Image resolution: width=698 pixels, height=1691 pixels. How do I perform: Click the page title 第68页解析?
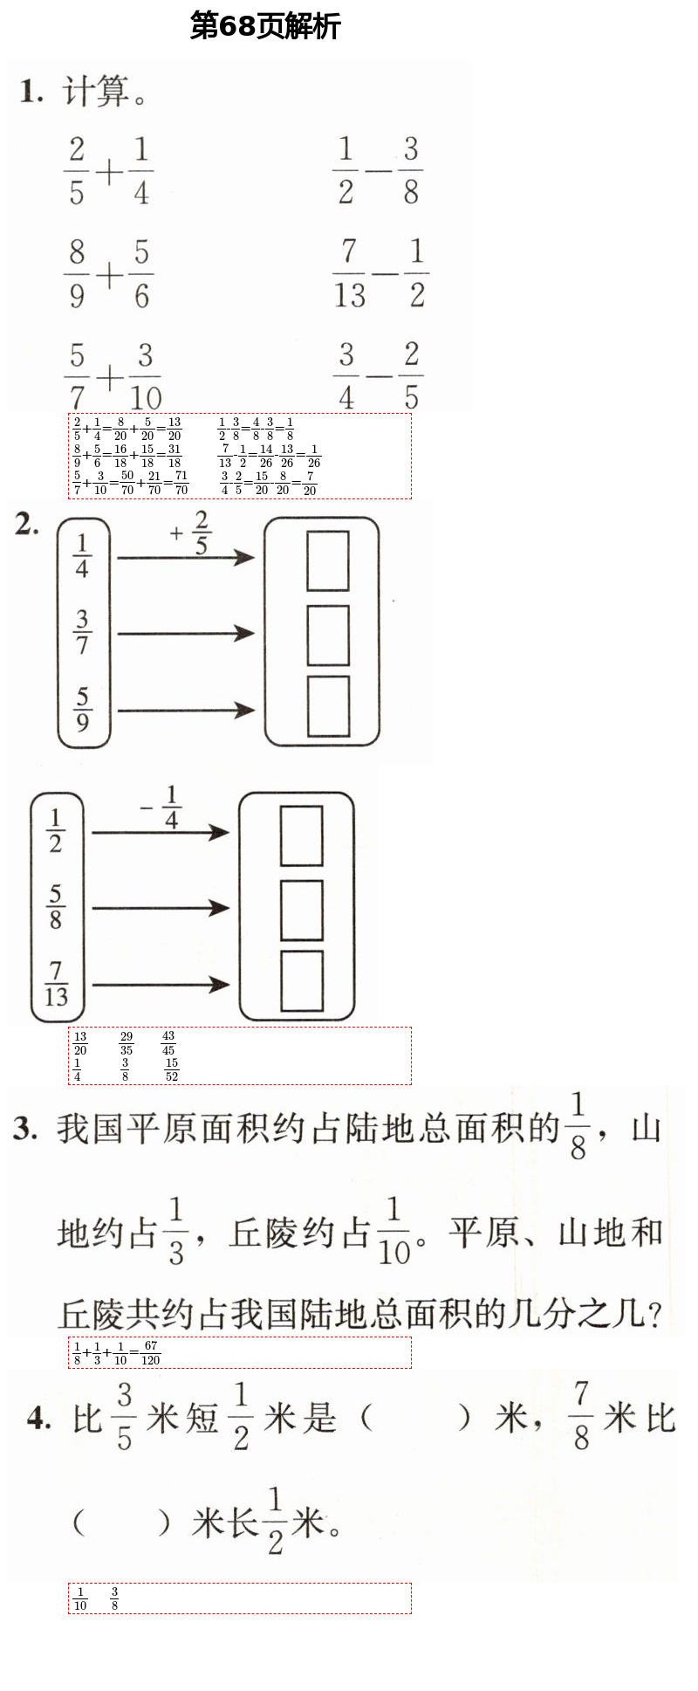click(265, 26)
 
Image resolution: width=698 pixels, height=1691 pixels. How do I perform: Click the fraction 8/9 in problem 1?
click(77, 274)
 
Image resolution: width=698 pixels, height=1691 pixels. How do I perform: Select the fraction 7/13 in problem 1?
click(349, 274)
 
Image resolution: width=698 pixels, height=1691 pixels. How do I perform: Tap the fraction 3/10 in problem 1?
click(145, 377)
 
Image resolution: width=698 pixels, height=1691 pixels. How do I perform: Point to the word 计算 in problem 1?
click(96, 92)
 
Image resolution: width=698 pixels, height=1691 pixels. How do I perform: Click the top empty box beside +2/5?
click(328, 561)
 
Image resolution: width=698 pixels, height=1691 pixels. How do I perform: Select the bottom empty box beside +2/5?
click(328, 705)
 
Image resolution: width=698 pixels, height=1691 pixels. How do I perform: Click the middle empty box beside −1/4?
click(302, 911)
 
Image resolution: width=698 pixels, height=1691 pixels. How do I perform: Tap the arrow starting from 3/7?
click(185, 634)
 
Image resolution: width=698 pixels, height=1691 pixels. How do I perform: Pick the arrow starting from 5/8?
click(160, 909)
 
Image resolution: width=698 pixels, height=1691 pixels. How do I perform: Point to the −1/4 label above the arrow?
click(162, 808)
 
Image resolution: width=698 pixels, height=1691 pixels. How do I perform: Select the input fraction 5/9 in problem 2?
click(82, 709)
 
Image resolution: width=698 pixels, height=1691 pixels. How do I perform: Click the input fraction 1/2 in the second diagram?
click(56, 830)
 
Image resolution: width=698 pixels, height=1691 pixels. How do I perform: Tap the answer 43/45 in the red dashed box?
click(168, 1043)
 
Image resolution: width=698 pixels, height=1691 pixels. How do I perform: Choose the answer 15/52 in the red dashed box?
click(172, 1069)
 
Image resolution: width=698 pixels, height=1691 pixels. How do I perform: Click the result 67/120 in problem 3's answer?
click(150, 1352)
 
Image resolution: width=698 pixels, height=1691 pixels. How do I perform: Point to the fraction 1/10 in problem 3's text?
click(393, 1232)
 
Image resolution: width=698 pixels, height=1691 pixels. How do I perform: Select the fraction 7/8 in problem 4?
click(582, 1415)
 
